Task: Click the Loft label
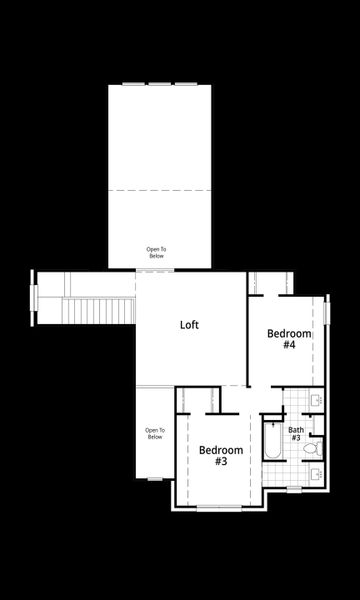tap(189, 325)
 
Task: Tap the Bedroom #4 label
tap(288, 339)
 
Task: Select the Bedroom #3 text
tap(220, 455)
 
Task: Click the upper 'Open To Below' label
tap(156, 252)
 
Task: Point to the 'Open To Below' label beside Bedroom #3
tap(154, 433)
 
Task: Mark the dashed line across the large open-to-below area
tap(164, 190)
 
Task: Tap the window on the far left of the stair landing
tap(34, 298)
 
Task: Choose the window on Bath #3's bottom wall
tap(296, 490)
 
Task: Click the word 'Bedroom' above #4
tap(288, 333)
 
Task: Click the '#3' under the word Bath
tap(296, 438)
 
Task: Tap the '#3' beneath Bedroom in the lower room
tap(220, 462)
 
